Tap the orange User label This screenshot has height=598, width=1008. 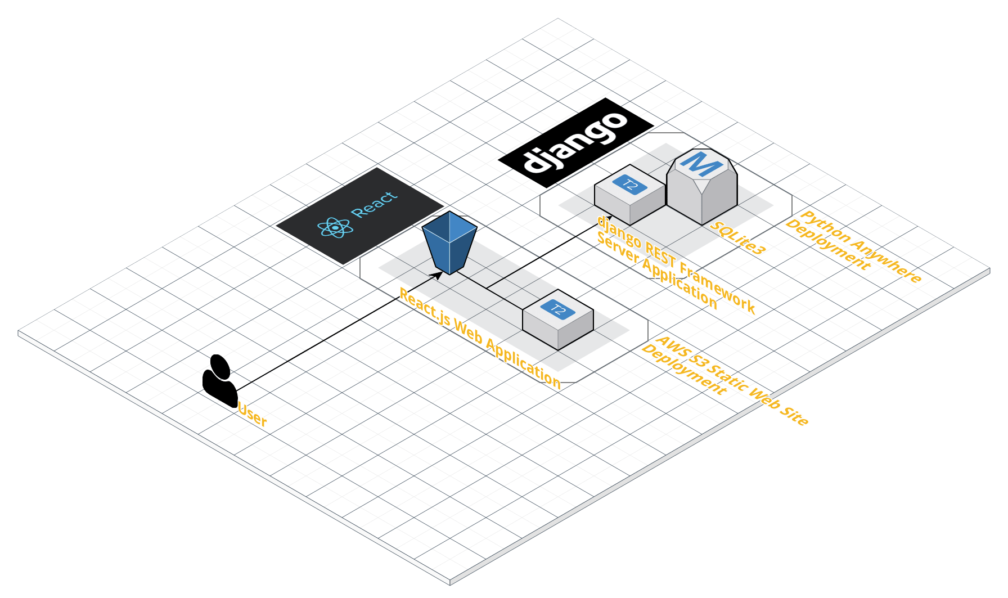coord(253,415)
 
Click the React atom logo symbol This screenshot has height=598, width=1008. coord(335,227)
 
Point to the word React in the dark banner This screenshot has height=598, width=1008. coord(374,204)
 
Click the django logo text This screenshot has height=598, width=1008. coord(575,142)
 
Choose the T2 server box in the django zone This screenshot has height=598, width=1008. coord(629,195)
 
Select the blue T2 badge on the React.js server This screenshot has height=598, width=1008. coord(557,309)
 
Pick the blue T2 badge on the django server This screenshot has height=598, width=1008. coord(629,184)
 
